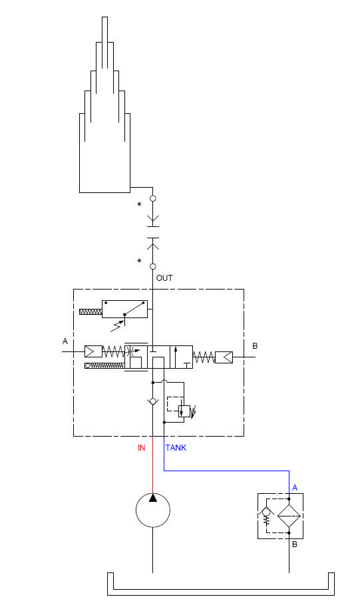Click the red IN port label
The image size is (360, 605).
pos(142,447)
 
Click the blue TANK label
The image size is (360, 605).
pos(176,447)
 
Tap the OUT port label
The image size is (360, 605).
pos(164,278)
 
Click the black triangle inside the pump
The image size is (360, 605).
pos(153,498)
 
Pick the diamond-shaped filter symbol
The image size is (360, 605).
pos(289,516)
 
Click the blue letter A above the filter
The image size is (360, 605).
pos(295,488)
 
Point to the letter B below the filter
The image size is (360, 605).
pos(295,544)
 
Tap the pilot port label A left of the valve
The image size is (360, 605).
pos(65,341)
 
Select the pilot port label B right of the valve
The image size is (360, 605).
pos(255,345)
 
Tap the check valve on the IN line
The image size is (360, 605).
pos(153,401)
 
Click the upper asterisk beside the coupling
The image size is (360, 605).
pos(139,204)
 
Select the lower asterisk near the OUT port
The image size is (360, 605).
pos(139,261)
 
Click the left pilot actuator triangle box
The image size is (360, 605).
pos(93,351)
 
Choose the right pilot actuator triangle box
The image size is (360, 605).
pos(224,357)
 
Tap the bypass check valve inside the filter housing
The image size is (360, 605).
pos(266,513)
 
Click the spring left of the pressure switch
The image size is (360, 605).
pos(90,311)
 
